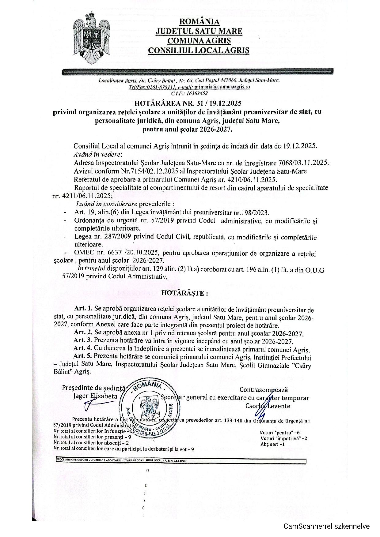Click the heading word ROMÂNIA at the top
(199, 21)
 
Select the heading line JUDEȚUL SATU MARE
(199, 31)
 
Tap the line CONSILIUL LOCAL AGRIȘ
(199, 50)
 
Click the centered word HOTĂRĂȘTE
(184, 293)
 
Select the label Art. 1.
(83, 310)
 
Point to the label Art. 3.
(83, 341)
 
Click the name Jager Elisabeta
(95, 396)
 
